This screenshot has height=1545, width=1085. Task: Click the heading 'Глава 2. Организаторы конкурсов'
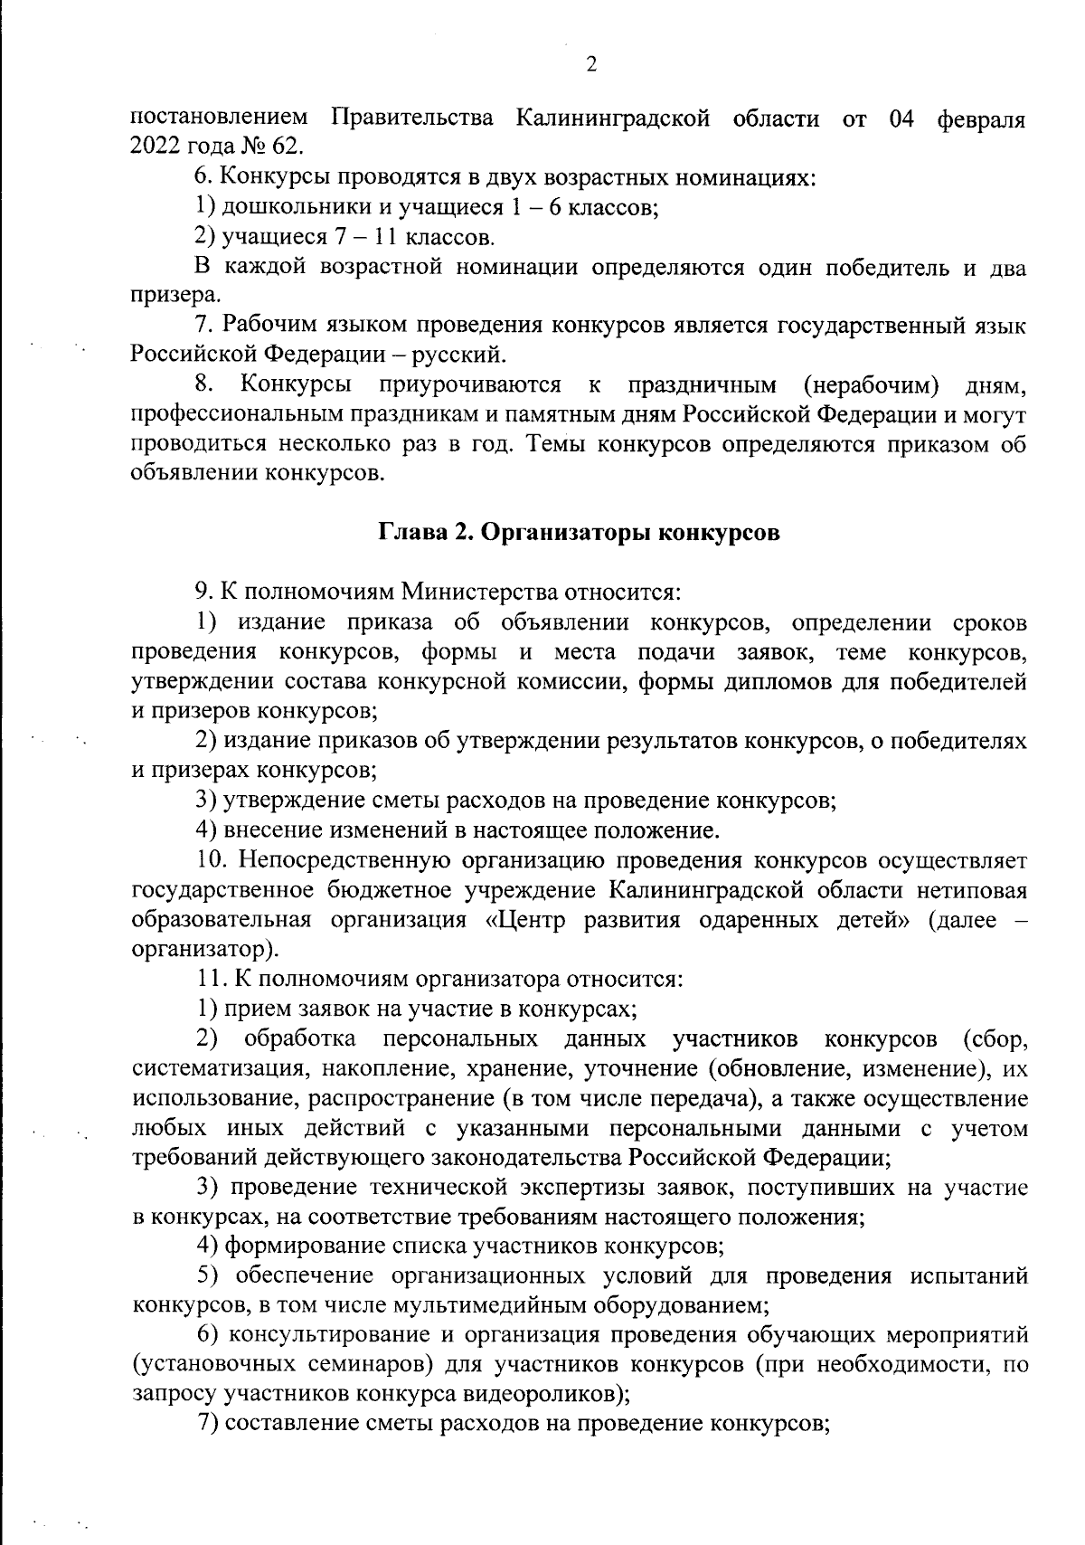point(579,534)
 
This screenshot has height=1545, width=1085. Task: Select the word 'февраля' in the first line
point(981,118)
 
